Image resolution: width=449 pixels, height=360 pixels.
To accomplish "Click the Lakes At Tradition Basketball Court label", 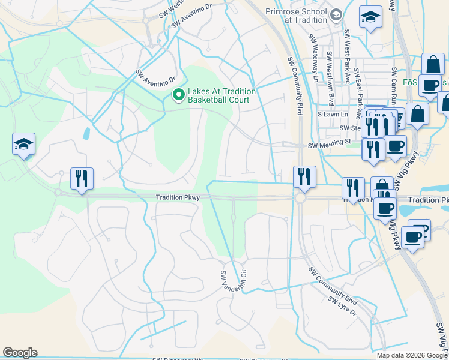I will click(222, 95).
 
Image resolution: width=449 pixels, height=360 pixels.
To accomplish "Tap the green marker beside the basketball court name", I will click(178, 95).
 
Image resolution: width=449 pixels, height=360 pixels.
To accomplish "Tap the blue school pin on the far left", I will click(23, 145).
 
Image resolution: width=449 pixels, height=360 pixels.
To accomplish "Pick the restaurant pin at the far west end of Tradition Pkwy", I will click(80, 178).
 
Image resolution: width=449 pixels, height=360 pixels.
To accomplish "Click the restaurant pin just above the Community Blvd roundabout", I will click(303, 176).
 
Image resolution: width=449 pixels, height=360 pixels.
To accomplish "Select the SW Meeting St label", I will click(328, 145).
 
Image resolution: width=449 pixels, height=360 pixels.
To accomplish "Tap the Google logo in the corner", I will click(20, 353).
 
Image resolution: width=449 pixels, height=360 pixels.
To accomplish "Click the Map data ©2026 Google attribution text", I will click(412, 355).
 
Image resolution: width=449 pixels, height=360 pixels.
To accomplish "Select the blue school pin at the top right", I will click(371, 17).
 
